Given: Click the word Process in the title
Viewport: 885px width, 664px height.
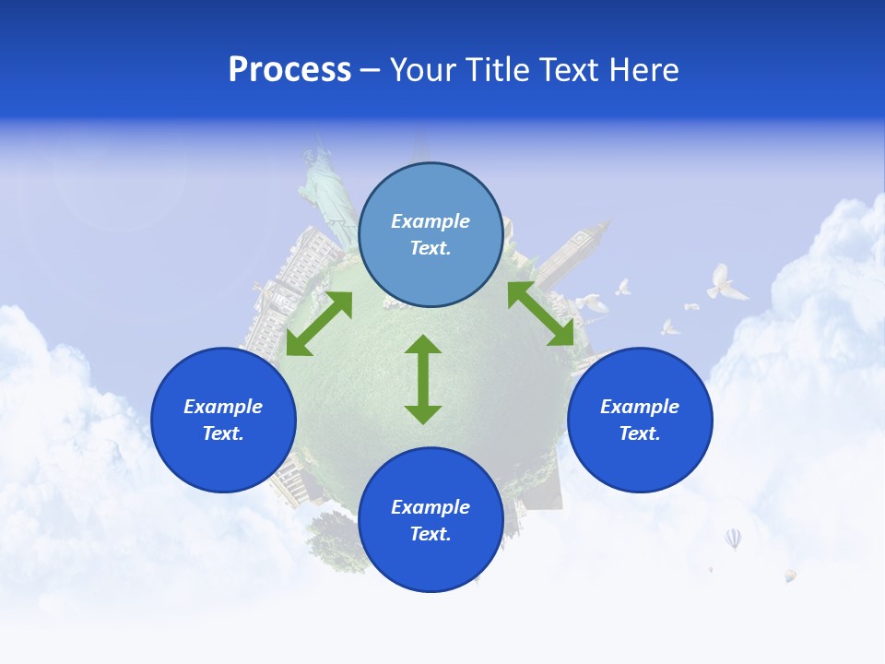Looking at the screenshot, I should pos(289,70).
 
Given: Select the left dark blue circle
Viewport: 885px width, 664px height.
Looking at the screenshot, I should pos(223,420).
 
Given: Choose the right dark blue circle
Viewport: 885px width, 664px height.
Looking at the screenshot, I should pos(640,420).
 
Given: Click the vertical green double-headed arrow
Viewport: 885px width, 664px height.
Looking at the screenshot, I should pos(423,379).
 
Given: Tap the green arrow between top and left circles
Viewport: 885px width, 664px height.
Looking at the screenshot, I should pos(319,324).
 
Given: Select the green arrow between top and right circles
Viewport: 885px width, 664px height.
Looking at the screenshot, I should pos(541,314).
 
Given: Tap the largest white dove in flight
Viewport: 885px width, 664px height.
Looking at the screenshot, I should pos(726,282).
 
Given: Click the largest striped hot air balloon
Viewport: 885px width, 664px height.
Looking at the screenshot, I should pos(733,538).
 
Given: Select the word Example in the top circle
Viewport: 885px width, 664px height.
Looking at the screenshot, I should pos(431,221).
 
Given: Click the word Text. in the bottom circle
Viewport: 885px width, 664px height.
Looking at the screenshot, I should pos(431,534).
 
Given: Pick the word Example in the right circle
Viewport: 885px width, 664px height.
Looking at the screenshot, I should pos(640,407).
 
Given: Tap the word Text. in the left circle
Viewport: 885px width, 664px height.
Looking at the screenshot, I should pos(223,433).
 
